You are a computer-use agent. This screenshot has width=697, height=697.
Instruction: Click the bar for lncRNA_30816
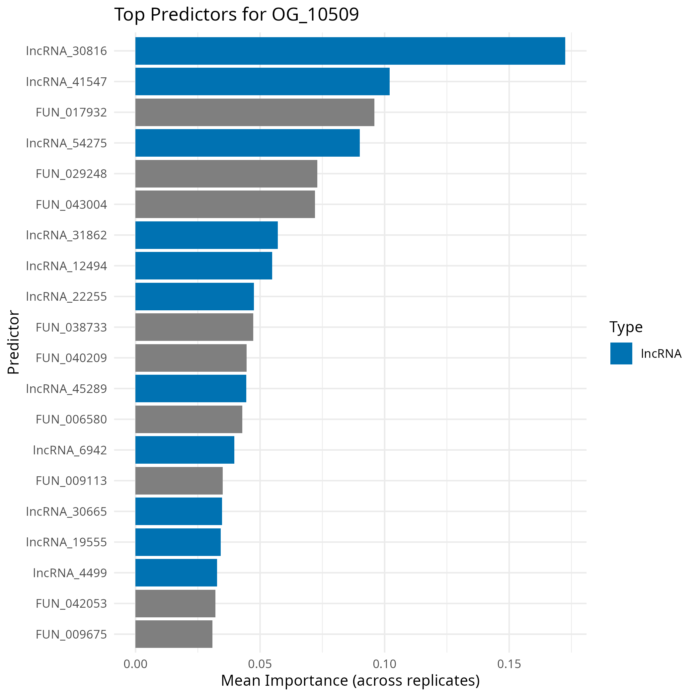point(350,51)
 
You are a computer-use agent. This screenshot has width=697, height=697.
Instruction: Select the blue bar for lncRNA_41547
point(262,82)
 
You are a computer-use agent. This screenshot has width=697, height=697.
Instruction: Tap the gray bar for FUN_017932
point(255,112)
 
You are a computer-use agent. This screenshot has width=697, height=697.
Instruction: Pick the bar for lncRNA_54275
point(248,143)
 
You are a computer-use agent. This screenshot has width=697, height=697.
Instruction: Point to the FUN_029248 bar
point(226,174)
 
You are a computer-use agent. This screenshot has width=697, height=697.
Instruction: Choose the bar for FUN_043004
point(225,204)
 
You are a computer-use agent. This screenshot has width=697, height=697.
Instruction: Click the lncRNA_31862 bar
point(206,235)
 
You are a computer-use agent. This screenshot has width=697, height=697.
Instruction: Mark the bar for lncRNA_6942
point(185,450)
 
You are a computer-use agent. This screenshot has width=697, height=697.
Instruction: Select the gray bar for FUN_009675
point(174,634)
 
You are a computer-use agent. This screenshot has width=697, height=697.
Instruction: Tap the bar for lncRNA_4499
point(176,573)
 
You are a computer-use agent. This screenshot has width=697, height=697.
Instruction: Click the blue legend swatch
point(621,353)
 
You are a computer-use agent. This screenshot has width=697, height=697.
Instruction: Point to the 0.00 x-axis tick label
point(135,664)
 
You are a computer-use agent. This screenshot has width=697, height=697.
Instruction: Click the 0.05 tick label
point(260,664)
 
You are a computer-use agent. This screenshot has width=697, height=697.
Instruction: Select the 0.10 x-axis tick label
point(385,664)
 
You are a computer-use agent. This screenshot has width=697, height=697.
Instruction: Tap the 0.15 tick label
point(509,664)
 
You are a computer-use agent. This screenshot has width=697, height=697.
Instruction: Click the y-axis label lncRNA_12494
point(67,266)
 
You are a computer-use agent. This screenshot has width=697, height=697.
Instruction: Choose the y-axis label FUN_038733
point(71,327)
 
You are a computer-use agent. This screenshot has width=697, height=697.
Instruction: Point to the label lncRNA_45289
point(67,389)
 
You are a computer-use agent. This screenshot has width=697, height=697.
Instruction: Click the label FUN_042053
point(71,603)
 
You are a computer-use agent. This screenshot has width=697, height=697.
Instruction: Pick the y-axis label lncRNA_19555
point(67,542)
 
